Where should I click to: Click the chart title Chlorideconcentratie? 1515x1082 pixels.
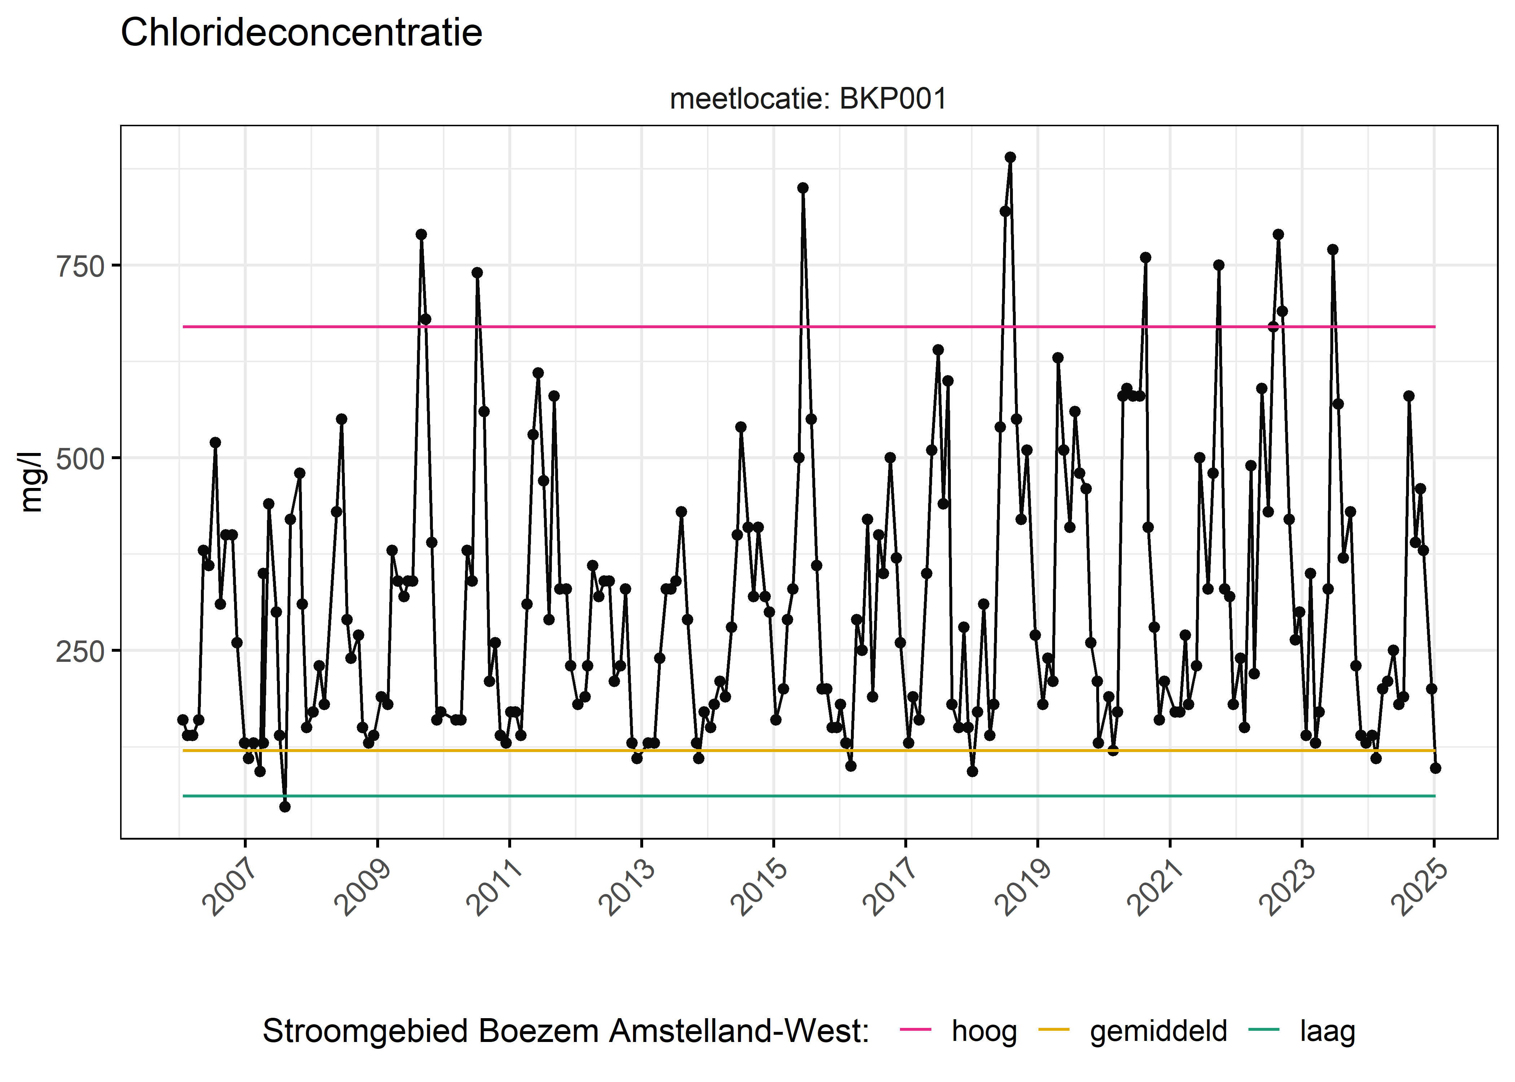(x=301, y=33)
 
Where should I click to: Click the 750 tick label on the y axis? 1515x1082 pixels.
(x=80, y=267)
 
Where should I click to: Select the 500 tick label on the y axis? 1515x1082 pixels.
(x=80, y=459)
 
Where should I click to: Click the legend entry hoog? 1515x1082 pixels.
(x=983, y=1032)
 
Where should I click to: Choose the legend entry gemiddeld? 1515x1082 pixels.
(x=1158, y=1032)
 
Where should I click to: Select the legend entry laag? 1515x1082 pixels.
(x=1327, y=1032)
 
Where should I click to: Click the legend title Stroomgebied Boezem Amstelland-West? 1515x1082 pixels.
(x=566, y=1032)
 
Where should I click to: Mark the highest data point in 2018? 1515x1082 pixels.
(x=1010, y=157)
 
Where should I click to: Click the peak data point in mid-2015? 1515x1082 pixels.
(x=803, y=188)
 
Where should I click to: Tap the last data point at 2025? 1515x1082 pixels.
(x=1435, y=768)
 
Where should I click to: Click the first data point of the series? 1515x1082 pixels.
(x=183, y=720)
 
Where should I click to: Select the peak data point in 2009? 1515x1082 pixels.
(x=421, y=234)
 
